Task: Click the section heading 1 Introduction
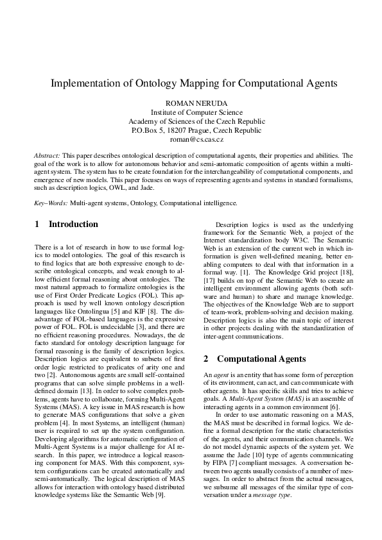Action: pos(66,224)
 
